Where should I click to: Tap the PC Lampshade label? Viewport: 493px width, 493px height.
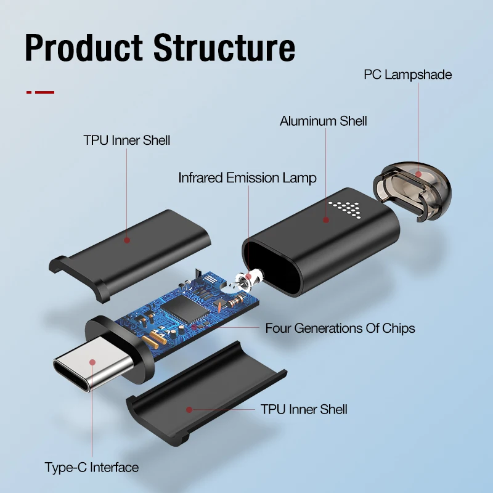pos(407,75)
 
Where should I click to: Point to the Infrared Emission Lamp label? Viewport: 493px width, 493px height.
pos(247,178)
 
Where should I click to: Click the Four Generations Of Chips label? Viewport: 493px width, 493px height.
pos(340,328)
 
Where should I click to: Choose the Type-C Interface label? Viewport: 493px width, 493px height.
pos(91,467)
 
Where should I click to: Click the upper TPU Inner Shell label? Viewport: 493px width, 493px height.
pos(126,141)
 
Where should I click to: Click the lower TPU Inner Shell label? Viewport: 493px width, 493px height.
pos(304,409)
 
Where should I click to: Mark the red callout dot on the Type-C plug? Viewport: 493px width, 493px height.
pos(92,362)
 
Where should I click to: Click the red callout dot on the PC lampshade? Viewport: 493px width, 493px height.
pos(418,174)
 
